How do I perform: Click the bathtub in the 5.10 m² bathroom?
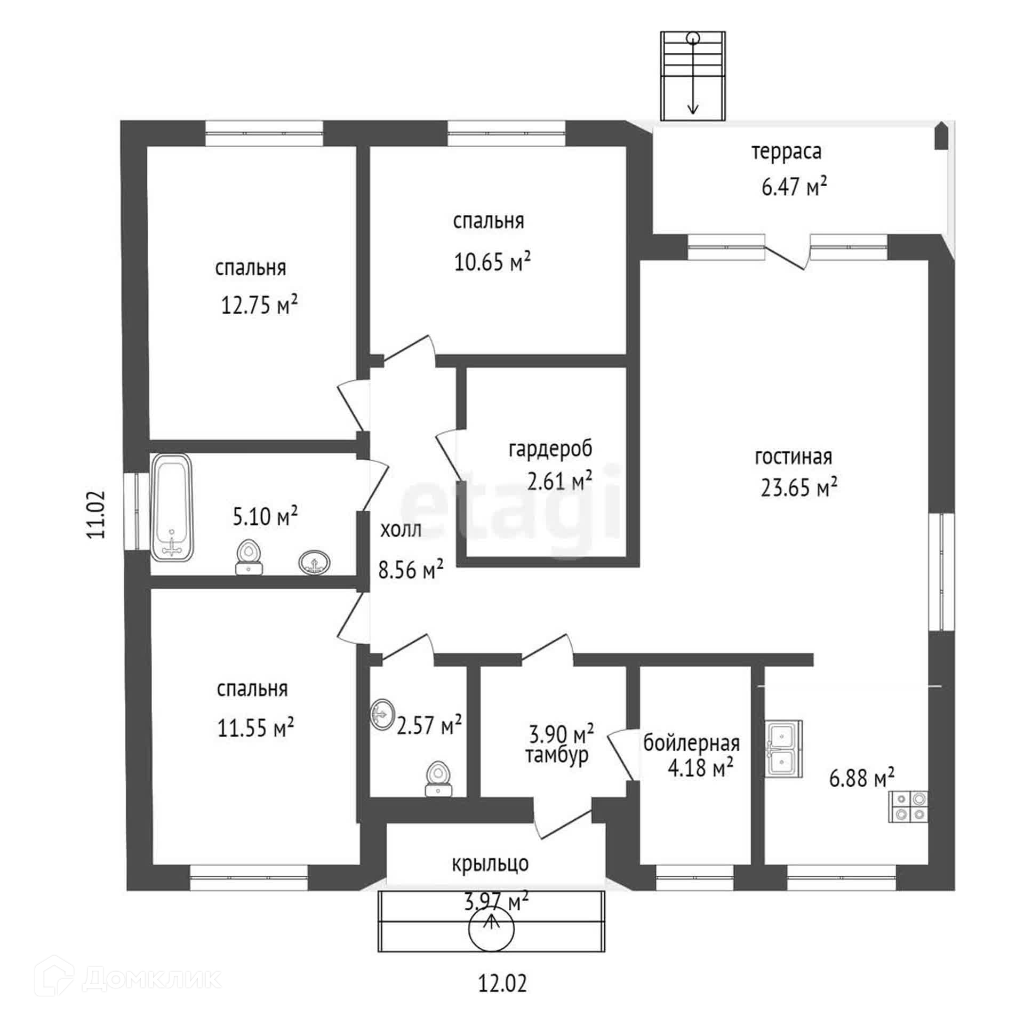tap(172, 507)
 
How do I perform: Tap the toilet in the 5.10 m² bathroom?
tap(249, 557)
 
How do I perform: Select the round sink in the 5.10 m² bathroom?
tap(315, 563)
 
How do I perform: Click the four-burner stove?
tap(908, 806)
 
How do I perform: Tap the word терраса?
tap(787, 152)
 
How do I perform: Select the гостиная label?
tap(794, 457)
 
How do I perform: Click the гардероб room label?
tap(550, 449)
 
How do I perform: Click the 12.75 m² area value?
tap(259, 306)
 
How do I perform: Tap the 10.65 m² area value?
tap(492, 261)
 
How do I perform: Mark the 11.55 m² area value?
tap(255, 727)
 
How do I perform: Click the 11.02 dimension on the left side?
tap(98, 514)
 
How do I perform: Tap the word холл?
tap(401, 530)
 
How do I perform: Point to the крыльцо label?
tap(490, 863)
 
